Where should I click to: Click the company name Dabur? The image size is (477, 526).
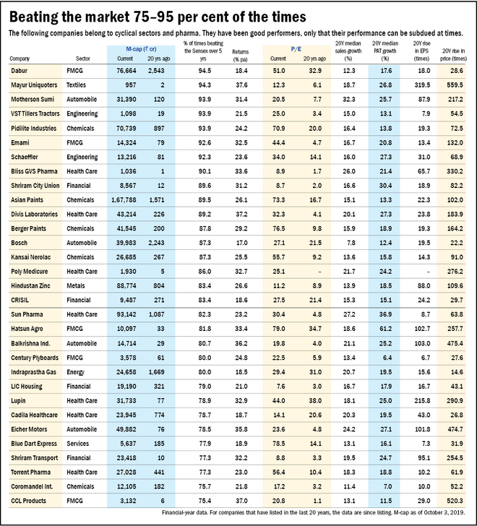tap(21, 71)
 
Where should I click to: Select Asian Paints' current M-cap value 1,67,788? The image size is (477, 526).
tap(122, 198)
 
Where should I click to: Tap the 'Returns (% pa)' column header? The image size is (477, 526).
tap(241, 54)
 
